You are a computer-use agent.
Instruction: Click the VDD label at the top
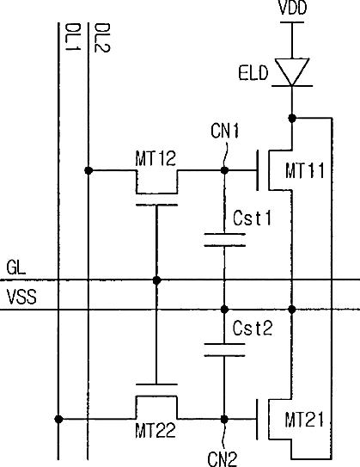tap(292, 8)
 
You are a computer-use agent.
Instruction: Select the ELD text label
tap(253, 73)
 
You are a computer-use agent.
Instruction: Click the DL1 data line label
tap(72, 37)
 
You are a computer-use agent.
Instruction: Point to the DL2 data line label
tap(102, 38)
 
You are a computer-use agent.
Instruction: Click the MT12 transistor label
tap(156, 158)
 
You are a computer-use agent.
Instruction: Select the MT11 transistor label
tap(305, 170)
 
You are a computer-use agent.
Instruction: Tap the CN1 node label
tap(225, 131)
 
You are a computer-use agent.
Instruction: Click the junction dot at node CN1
tap(224, 170)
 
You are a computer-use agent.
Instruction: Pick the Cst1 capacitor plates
tap(224, 240)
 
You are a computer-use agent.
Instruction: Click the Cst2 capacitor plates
tap(224, 350)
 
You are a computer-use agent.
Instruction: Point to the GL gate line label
tap(16, 267)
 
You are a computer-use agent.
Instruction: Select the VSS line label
tap(21, 297)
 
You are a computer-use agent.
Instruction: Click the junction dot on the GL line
tap(156, 280)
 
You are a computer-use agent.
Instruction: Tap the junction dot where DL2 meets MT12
tap(88, 170)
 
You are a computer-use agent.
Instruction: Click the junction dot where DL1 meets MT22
tap(58, 419)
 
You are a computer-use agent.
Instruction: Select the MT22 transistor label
tap(156, 430)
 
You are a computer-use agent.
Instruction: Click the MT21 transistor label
tap(304, 420)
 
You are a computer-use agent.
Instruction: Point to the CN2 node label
tap(223, 459)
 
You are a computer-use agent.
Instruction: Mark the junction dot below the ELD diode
tap(292, 118)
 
